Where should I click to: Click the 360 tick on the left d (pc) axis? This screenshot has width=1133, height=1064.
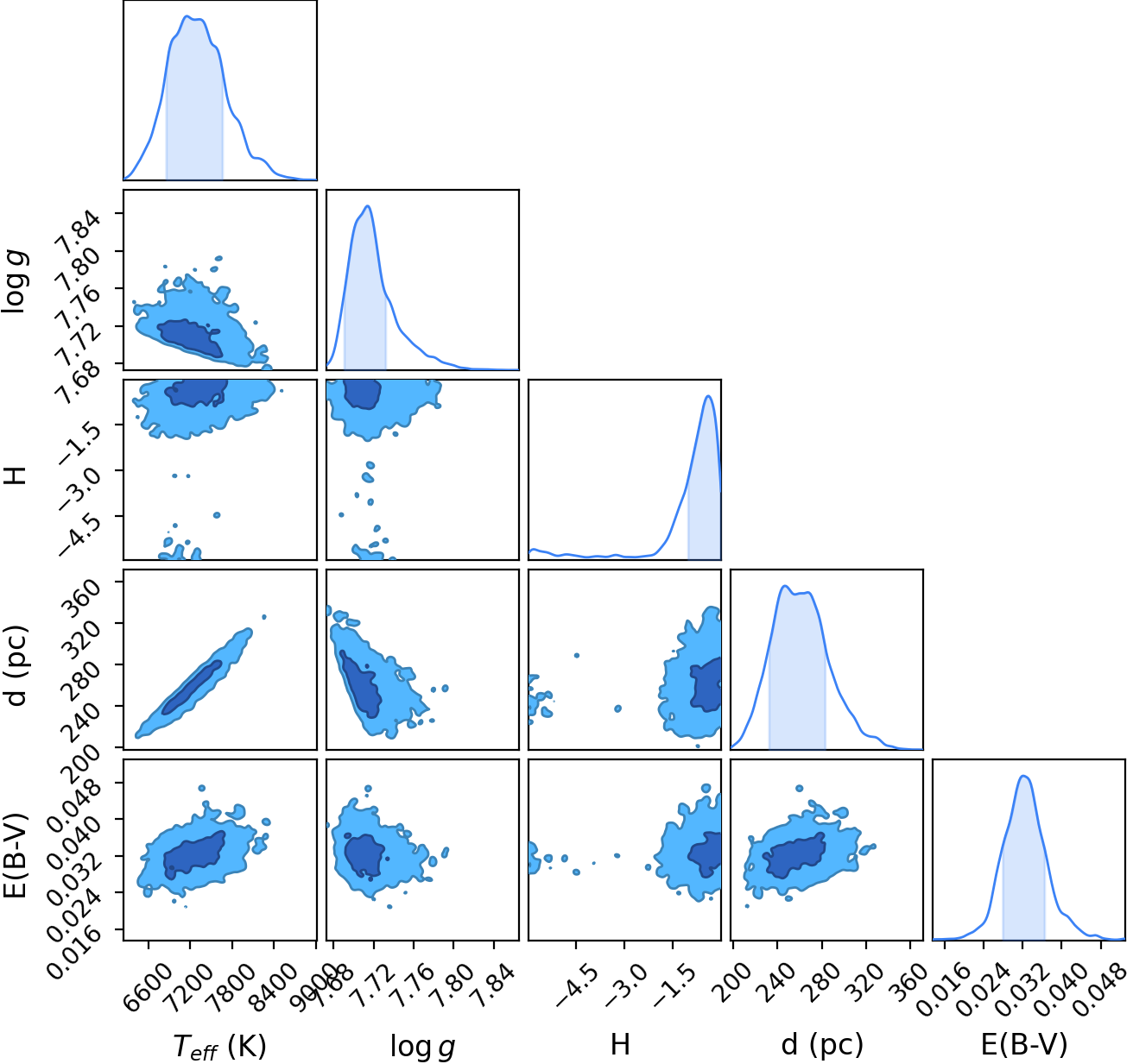pyautogui.click(x=80, y=600)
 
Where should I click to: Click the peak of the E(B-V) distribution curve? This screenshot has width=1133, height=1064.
pyautogui.click(x=1023, y=776)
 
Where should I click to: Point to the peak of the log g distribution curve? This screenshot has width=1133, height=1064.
pyautogui.click(x=368, y=206)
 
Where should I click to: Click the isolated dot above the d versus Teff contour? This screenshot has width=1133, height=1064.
pyautogui.click(x=263, y=617)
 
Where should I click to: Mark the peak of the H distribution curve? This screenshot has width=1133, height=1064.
pyautogui.click(x=708, y=396)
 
